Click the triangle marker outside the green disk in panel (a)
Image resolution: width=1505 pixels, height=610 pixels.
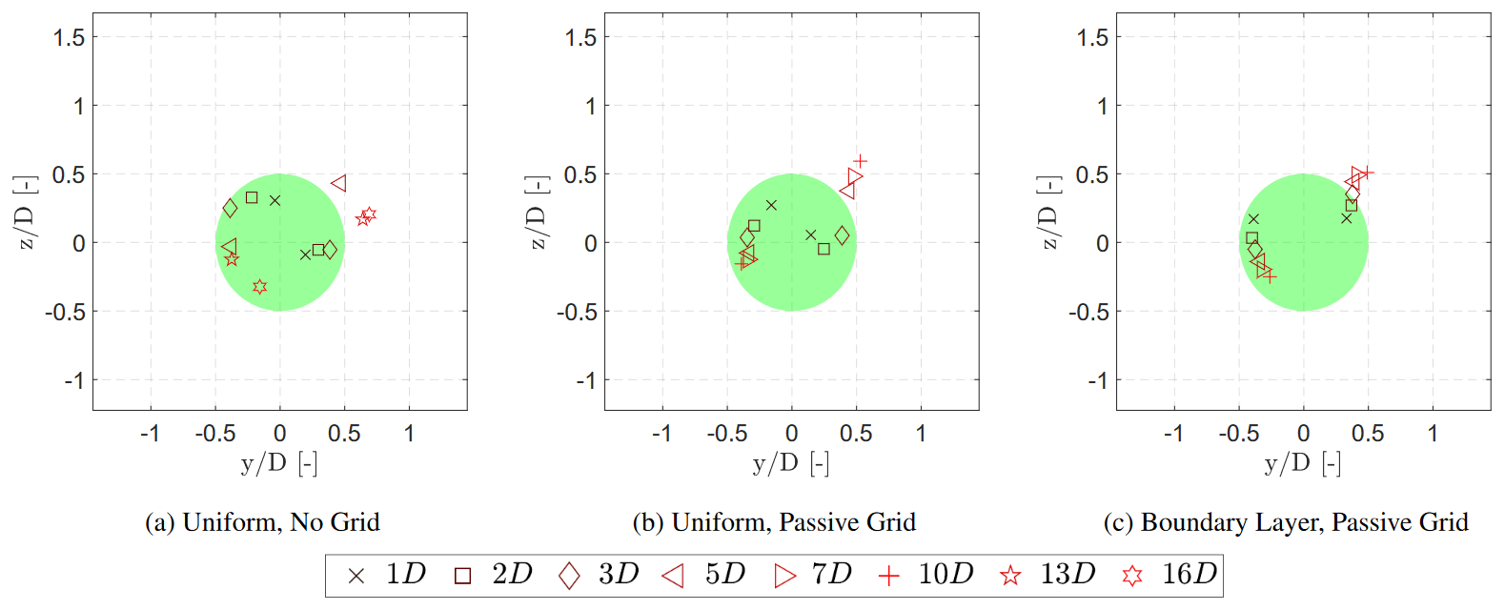pos(339,183)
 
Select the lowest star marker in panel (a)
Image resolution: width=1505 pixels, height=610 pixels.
pos(259,287)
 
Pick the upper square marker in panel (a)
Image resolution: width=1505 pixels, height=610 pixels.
pos(252,198)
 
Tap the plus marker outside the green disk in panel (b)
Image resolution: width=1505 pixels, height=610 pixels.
pos(861,162)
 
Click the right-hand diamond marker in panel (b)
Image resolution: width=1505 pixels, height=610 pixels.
pos(842,235)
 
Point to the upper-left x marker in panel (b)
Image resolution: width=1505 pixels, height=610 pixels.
pos(771,205)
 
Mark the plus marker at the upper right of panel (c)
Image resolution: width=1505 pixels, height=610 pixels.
pos(1367,173)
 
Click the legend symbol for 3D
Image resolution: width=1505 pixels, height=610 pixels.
pos(569,576)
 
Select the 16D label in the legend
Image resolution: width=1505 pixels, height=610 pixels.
pos(1189,574)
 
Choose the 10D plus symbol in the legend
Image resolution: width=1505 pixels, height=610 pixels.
pos(888,576)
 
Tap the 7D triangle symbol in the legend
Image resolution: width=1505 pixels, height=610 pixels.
pos(784,576)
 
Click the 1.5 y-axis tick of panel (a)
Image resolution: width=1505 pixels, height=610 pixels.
pos(70,37)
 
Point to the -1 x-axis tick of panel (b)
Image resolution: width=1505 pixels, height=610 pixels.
pos(661,434)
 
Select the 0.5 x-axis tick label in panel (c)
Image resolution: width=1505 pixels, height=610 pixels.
pos(1368,434)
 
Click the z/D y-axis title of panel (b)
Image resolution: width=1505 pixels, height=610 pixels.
pos(538,214)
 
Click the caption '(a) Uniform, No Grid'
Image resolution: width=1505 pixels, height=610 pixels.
pos(262,522)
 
